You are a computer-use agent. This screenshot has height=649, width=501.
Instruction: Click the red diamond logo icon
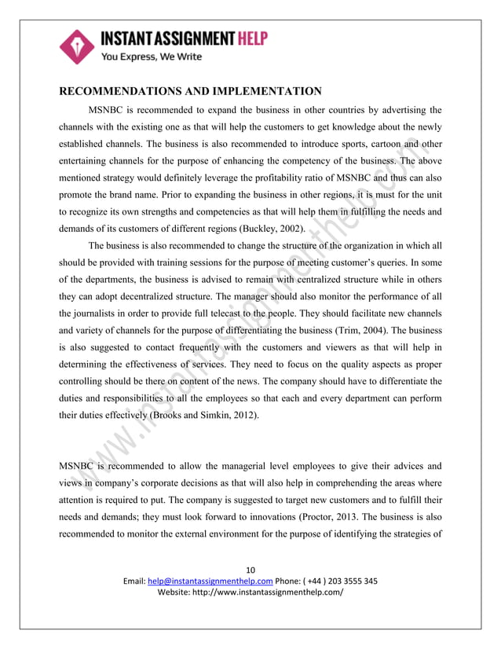coord(77,46)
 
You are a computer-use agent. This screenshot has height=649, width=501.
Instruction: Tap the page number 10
coord(251,570)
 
